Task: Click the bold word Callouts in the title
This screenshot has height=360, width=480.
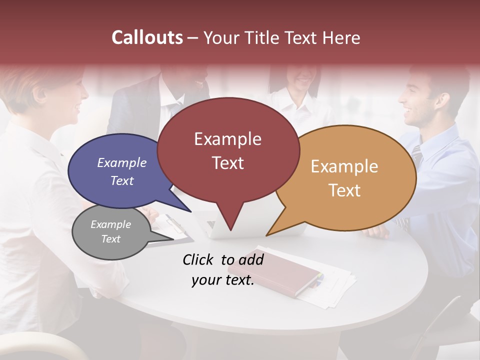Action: click(147, 37)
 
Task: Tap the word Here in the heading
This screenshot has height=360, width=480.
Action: click(341, 38)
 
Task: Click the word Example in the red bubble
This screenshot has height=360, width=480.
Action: click(227, 139)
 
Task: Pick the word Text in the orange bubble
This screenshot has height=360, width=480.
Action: click(344, 190)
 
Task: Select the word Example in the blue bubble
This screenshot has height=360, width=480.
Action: click(122, 162)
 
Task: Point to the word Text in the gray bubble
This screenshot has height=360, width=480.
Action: click(111, 239)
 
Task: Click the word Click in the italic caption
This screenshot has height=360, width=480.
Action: click(198, 259)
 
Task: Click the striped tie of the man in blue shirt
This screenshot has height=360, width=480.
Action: click(416, 157)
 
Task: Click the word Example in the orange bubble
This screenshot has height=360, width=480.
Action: click(344, 166)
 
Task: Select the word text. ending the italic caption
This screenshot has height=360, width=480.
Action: click(238, 280)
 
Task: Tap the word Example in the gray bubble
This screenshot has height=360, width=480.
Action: click(111, 224)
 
